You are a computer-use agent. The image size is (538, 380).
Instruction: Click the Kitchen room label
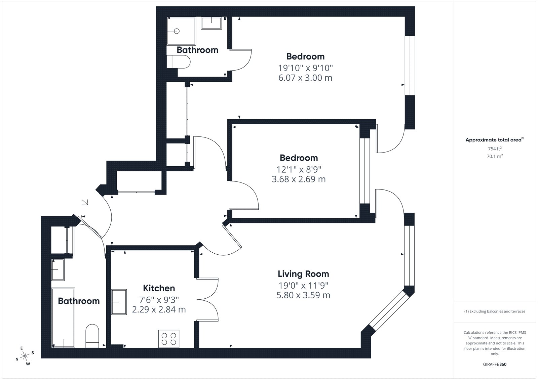click(x=159, y=288)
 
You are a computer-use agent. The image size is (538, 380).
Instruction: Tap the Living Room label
click(x=303, y=274)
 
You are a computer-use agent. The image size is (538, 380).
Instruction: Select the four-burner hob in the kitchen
click(x=168, y=339)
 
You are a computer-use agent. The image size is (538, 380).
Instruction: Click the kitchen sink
click(x=119, y=302)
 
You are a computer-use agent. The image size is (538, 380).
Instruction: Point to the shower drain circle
click(x=177, y=31)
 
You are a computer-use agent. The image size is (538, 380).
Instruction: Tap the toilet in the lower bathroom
click(x=92, y=336)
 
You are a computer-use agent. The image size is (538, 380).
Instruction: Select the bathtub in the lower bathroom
click(x=63, y=318)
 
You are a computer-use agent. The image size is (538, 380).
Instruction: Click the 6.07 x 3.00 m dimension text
click(x=305, y=78)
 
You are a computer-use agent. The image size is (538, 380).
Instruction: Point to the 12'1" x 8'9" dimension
click(x=299, y=169)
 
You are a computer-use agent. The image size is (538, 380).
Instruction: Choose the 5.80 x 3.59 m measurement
click(x=303, y=295)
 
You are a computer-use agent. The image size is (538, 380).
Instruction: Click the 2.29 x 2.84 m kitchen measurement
click(x=159, y=309)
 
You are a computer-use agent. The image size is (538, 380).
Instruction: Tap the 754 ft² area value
click(x=495, y=149)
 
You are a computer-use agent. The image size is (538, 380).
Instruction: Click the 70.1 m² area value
click(x=495, y=156)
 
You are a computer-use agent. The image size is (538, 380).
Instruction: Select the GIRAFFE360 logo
click(x=495, y=364)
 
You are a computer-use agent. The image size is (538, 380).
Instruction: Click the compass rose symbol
click(x=25, y=356)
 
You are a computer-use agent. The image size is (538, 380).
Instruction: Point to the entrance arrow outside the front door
click(x=85, y=202)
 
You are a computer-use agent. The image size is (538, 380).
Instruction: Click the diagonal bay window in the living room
click(x=389, y=310)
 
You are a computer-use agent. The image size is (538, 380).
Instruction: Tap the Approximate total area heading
click(x=495, y=140)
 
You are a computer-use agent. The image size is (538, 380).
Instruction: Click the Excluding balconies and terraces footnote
click(x=495, y=311)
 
